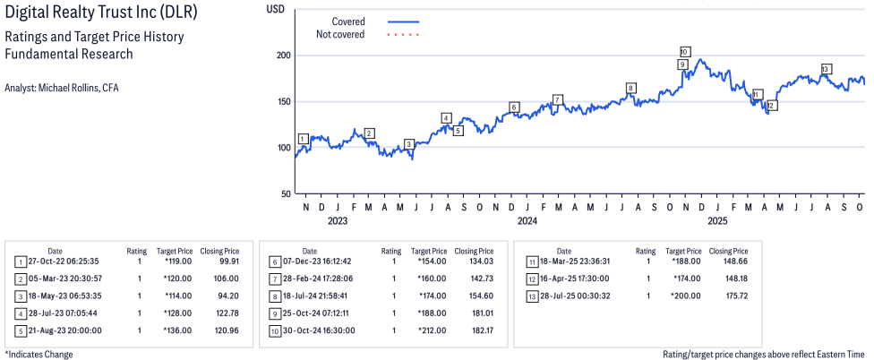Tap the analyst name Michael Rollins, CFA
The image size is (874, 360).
pos(61,88)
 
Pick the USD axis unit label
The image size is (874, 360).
pos(278,7)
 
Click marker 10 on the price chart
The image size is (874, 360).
pos(684,51)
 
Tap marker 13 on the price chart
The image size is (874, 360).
pos(826,69)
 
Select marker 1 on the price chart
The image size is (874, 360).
pos(303,139)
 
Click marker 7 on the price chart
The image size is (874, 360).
pos(557,99)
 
